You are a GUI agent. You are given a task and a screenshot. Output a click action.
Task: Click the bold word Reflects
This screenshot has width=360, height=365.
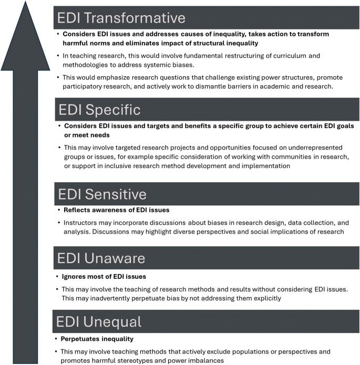pyautogui.click(x=77, y=210)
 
